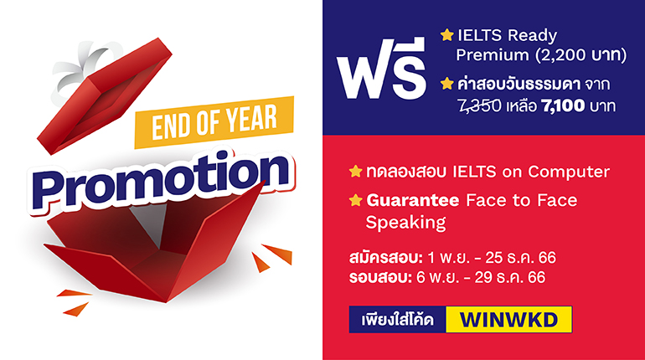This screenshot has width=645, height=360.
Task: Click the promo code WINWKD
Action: (508, 320)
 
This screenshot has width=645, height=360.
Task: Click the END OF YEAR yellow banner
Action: (214, 122)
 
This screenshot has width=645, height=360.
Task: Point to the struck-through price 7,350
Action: (480, 106)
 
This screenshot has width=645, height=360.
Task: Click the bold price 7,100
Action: (563, 106)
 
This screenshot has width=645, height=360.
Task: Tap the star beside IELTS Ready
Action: (446, 35)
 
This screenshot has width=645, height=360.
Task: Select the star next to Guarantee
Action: (355, 201)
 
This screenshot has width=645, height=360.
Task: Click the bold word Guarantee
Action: (413, 201)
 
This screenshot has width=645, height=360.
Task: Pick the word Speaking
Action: (405, 223)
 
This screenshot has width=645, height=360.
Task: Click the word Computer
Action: (569, 172)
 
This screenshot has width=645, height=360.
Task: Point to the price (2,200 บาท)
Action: (581, 55)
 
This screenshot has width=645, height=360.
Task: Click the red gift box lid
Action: (105, 96)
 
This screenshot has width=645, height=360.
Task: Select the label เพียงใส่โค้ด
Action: (397, 320)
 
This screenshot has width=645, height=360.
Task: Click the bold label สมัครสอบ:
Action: (386, 258)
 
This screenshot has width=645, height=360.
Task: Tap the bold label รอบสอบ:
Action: (380, 277)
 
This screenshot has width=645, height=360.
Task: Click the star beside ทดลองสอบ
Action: (355, 172)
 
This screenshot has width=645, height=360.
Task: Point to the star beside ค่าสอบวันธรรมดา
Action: (446, 84)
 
